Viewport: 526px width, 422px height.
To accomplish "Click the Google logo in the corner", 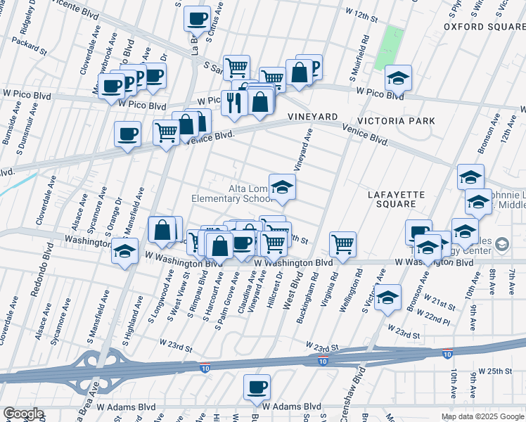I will (23, 414).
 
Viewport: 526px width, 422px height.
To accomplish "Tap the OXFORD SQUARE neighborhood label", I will (485, 27).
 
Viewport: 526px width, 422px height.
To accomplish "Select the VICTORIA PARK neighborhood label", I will (397, 121).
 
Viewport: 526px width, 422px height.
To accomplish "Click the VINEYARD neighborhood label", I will (312, 116).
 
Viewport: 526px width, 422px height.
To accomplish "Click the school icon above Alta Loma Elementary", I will (282, 187).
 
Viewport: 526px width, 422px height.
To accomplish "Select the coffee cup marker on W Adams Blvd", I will (257, 387).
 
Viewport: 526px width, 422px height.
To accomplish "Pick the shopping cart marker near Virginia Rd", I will (342, 244).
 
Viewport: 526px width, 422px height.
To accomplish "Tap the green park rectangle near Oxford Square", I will (388, 48).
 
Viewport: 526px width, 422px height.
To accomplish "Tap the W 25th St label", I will (496, 370).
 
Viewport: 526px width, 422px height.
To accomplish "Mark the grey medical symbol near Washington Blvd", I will (502, 245).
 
